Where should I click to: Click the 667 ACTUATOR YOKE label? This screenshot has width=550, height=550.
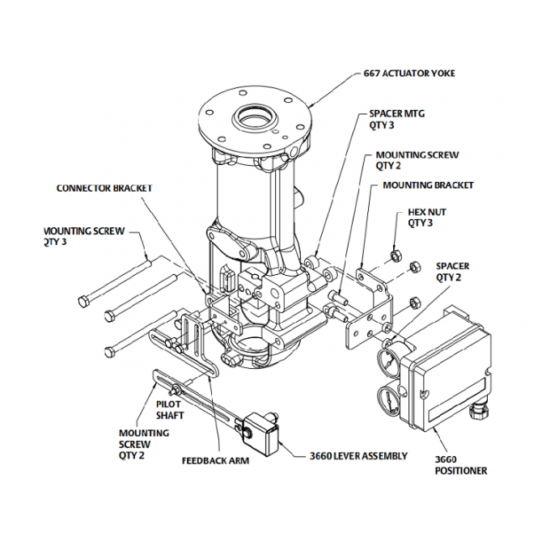point(409,74)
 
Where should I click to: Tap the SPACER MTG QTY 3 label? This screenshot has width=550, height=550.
point(396,120)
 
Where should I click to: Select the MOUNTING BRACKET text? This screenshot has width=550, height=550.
point(428,185)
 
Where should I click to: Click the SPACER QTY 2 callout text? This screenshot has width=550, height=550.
point(452,271)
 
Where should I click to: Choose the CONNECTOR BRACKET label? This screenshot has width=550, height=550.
point(104,188)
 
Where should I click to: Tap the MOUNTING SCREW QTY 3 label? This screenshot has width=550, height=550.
point(84,236)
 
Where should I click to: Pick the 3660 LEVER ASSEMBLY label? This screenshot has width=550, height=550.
point(358,456)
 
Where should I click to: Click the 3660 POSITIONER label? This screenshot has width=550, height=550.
point(461,465)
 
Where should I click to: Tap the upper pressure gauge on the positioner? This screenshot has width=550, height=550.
point(391,359)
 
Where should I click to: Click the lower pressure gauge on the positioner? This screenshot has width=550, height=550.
point(390,400)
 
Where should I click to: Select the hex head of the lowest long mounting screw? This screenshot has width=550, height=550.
point(110,350)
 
